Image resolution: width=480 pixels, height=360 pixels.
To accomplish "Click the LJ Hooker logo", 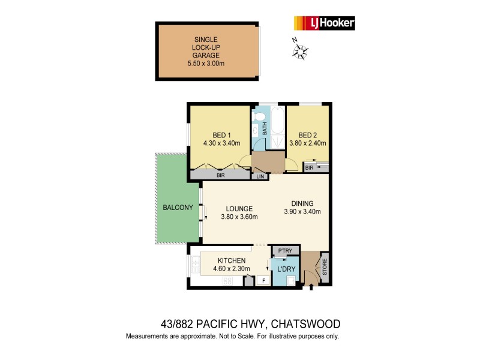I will click(x=323, y=23).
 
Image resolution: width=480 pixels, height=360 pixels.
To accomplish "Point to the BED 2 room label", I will click(x=308, y=135).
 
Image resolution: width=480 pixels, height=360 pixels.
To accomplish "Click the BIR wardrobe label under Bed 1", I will click(x=220, y=175).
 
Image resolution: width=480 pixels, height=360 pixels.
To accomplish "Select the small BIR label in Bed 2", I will click(x=309, y=169).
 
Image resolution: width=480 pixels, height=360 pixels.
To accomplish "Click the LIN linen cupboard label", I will click(x=260, y=176).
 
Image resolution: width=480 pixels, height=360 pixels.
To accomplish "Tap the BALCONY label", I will click(x=178, y=208).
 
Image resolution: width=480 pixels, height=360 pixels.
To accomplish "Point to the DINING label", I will click(x=302, y=203).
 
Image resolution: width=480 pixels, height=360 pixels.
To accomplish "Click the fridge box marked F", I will click(x=262, y=280).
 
